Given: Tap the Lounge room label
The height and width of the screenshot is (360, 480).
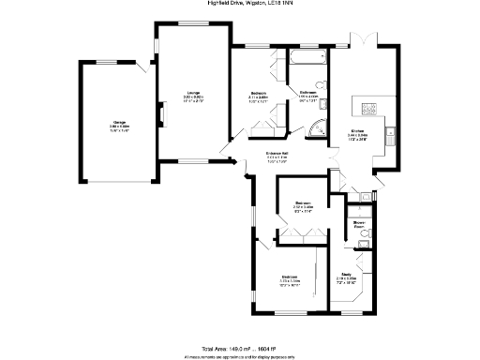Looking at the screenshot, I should [193, 93].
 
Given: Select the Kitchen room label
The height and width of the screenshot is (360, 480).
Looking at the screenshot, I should [357, 132].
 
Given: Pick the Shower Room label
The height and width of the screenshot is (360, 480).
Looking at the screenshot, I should [358, 223].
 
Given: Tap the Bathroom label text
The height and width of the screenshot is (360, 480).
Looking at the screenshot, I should [309, 92].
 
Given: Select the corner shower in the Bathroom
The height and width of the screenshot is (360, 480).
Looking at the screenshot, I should [320, 127].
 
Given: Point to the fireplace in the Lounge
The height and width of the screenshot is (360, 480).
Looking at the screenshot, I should [160, 115].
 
